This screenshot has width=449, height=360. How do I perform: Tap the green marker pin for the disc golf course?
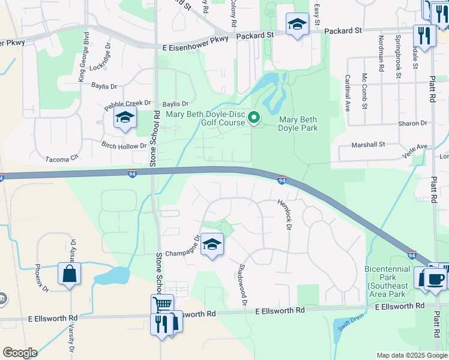click(x=254, y=118)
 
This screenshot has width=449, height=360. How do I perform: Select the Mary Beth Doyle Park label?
click(x=298, y=123)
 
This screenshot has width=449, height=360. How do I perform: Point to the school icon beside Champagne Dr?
click(x=211, y=244)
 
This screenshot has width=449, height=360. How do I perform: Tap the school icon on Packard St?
click(x=297, y=25)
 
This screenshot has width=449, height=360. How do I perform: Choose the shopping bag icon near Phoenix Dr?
click(x=70, y=274)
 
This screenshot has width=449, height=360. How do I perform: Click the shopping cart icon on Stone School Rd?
click(x=162, y=305)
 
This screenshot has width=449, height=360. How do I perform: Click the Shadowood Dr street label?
click(x=243, y=285)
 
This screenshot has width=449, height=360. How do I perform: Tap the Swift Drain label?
click(x=343, y=328)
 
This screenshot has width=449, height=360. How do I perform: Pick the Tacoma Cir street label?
click(x=62, y=158)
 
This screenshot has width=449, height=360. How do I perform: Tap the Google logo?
click(x=20, y=353)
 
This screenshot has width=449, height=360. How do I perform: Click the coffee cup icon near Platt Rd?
click(x=435, y=279)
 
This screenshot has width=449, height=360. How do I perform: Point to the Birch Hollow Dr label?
click(x=124, y=146)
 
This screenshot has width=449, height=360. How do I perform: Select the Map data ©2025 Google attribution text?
click(x=411, y=355)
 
